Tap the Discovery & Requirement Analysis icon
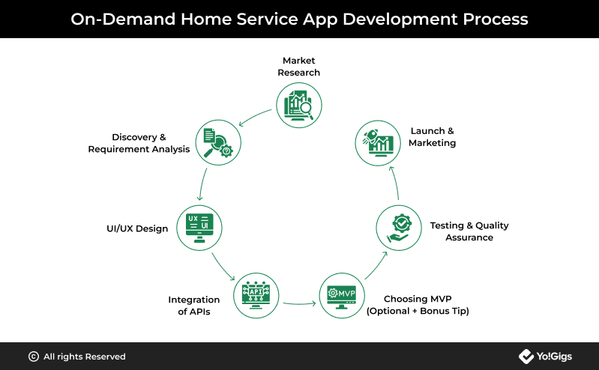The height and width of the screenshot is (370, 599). pos(218,142)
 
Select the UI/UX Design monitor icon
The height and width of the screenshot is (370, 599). pos(199,228)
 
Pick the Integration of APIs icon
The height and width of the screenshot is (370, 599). pos(256,295)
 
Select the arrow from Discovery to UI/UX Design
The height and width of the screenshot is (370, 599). pos(202,184)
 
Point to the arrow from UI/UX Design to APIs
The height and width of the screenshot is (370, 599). pos(223,267)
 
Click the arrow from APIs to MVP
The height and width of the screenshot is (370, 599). pos(300,304)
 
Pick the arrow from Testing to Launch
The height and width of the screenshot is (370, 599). pos(396,183)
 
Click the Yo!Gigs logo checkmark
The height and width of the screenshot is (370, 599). pos(526,357)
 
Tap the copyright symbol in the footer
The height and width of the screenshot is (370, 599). pos(34,357)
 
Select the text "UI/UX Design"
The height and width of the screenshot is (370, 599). pos(137,228)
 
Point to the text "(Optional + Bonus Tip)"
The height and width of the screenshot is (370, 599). pos(418,311)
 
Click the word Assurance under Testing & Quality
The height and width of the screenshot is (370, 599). pos(469,237)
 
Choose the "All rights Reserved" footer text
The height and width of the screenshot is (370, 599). pos(85,357)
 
